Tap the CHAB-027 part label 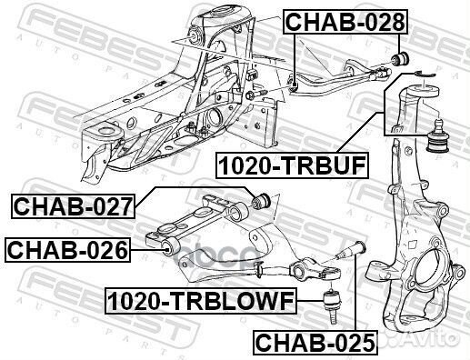point(74,207)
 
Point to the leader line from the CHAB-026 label point(146,246)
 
